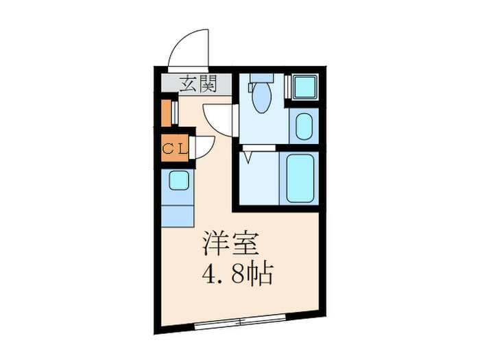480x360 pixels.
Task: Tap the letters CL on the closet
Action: (171, 148)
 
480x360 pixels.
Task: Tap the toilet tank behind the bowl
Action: (261, 77)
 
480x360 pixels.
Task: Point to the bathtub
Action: (300, 178)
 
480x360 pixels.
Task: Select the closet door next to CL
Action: (204, 146)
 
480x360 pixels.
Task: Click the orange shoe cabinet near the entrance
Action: (165, 114)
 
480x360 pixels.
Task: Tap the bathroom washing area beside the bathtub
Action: (259, 177)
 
